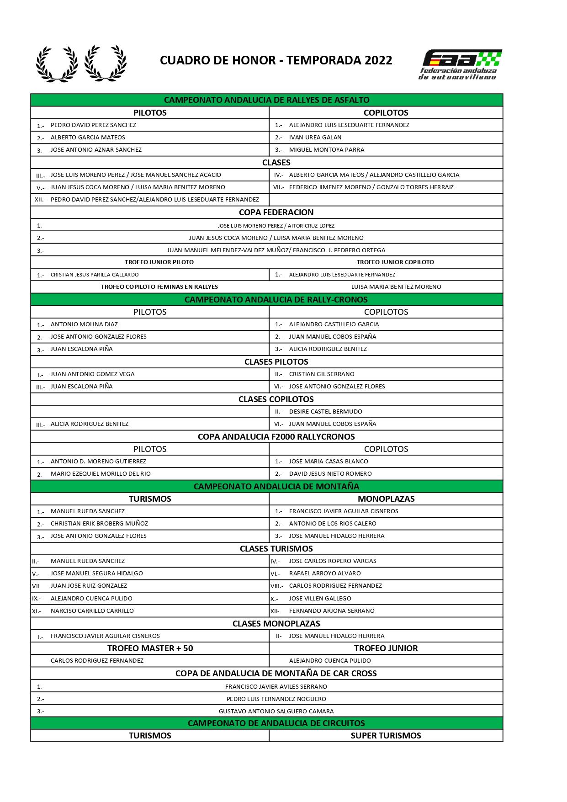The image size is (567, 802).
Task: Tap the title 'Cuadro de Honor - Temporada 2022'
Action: pos(276,60)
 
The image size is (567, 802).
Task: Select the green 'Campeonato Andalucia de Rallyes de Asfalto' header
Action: pos(267,100)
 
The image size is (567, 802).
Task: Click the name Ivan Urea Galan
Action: pos(315,138)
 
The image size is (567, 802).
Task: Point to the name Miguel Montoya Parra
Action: pos(327,150)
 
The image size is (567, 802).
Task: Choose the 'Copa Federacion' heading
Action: pos(276,212)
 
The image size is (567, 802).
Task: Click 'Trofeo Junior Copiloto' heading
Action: pos(395,262)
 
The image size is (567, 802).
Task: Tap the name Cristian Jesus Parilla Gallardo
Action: pos(95,275)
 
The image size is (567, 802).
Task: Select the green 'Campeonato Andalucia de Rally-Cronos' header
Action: pos(276,300)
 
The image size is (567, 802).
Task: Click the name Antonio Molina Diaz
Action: pos(84,324)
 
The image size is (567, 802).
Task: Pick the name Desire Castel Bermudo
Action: pos(326,412)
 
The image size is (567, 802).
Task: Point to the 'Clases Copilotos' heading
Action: pos(276,399)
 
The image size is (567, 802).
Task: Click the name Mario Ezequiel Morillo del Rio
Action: pos(101,474)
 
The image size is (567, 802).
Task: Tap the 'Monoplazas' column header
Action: pos(386,499)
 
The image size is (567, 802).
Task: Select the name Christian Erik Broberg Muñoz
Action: pos(99,524)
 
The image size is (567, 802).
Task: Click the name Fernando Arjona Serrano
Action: pos(332,611)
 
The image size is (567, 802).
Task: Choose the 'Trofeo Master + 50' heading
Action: pos(150,648)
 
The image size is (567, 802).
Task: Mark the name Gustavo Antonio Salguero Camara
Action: pos(276,712)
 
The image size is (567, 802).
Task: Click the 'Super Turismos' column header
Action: pos(386,736)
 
